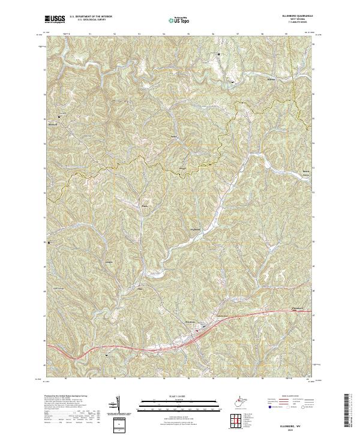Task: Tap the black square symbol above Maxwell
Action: (59, 116)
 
